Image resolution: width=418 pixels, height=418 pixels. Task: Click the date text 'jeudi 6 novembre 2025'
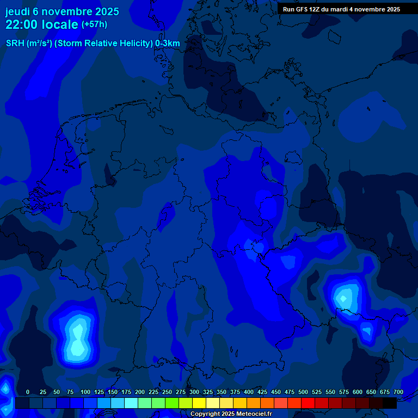pyautogui.click(x=62, y=11)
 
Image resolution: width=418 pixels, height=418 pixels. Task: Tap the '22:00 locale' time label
pyautogui.click(x=42, y=24)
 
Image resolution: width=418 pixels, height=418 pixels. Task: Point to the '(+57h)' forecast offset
pyautogui.click(x=94, y=24)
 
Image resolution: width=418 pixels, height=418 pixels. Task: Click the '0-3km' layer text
pyautogui.click(x=168, y=44)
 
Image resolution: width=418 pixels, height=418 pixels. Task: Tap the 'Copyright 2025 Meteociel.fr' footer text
pyautogui.click(x=231, y=414)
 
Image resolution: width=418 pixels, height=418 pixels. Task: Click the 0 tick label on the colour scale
pyautogui.click(x=28, y=392)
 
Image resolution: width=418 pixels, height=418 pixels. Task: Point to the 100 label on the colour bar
pyautogui.click(x=85, y=392)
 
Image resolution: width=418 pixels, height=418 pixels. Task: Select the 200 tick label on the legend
pyautogui.click(x=140, y=392)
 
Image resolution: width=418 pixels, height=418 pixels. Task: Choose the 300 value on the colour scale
pyautogui.click(x=194, y=392)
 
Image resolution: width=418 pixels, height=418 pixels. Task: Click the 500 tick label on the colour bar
pyautogui.click(x=303, y=392)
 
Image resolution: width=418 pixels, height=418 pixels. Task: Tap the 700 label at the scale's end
pyautogui.click(x=398, y=392)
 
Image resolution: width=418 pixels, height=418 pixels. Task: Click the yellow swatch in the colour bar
pyautogui.click(x=199, y=403)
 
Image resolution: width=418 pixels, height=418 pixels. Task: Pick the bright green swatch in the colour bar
pyautogui.click(x=172, y=403)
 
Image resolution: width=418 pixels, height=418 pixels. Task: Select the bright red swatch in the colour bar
pyautogui.click(x=308, y=403)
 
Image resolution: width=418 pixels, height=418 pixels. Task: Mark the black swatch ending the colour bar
pyautogui.click(x=390, y=403)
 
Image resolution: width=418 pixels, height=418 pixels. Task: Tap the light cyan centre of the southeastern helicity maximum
pyautogui.click(x=343, y=298)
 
